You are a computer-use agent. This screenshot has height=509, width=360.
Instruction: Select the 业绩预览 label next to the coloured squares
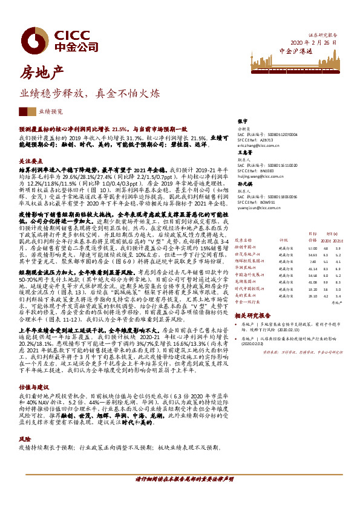pos(50,112)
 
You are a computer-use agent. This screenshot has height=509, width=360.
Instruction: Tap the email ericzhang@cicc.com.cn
pos(258,146)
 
